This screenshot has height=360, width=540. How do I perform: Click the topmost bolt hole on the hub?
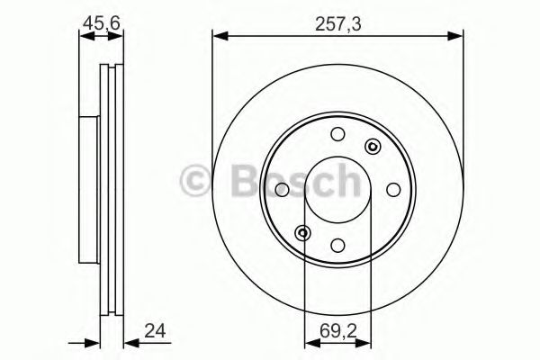coord(337,135)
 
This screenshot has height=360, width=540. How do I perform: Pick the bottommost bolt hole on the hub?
coord(337,244)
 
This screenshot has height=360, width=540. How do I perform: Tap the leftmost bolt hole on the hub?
coord(283,189)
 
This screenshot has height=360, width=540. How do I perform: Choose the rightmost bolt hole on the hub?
coord(392,189)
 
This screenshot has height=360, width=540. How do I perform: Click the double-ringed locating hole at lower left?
coord(304,233)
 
